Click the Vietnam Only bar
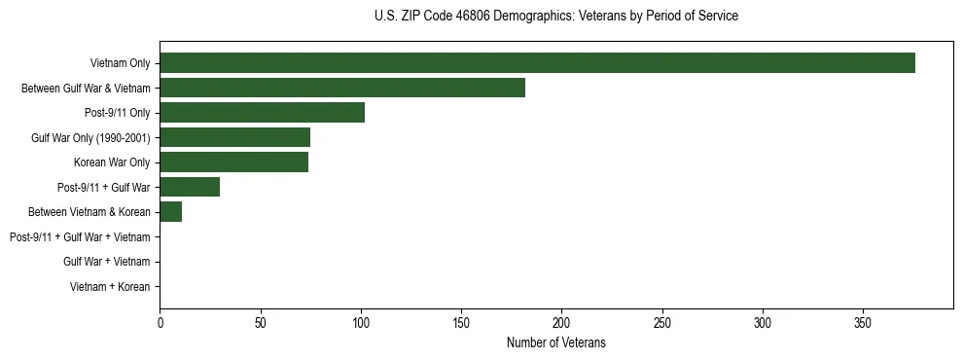(537, 63)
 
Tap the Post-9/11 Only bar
(262, 113)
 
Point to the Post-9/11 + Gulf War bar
(190, 187)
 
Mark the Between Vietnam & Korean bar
(170, 212)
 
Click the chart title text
(555, 17)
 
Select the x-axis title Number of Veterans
(555, 342)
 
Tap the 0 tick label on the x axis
(160, 321)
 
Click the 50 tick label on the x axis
(260, 321)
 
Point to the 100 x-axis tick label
(361, 321)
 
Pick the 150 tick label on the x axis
(461, 321)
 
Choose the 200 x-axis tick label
(561, 321)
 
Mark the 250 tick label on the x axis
(662, 321)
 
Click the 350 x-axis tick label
(863, 321)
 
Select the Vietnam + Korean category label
(110, 287)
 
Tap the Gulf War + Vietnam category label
(106, 262)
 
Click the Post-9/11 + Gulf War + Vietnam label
(80, 237)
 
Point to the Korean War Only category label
(112, 162)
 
